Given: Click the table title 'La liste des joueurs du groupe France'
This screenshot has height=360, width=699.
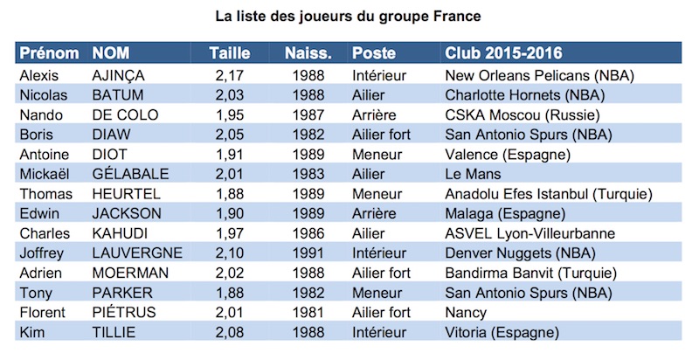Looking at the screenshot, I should (349, 16).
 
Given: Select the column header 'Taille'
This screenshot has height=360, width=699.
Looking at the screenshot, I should (229, 52).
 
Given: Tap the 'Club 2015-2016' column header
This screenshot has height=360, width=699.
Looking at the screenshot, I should (503, 52).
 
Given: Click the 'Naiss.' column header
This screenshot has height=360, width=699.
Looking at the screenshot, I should (308, 52).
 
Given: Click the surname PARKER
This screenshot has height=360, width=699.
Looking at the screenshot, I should (121, 293).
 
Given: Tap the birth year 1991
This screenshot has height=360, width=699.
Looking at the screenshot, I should (308, 253).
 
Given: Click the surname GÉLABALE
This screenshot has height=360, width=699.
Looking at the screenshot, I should (130, 174).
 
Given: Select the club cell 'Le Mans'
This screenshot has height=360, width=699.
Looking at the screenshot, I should (473, 174).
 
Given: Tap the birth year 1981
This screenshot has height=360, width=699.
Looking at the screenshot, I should (308, 313).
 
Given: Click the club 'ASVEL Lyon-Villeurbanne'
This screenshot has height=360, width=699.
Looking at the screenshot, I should (529, 233).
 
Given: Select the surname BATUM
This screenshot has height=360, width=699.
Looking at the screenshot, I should (118, 94).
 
